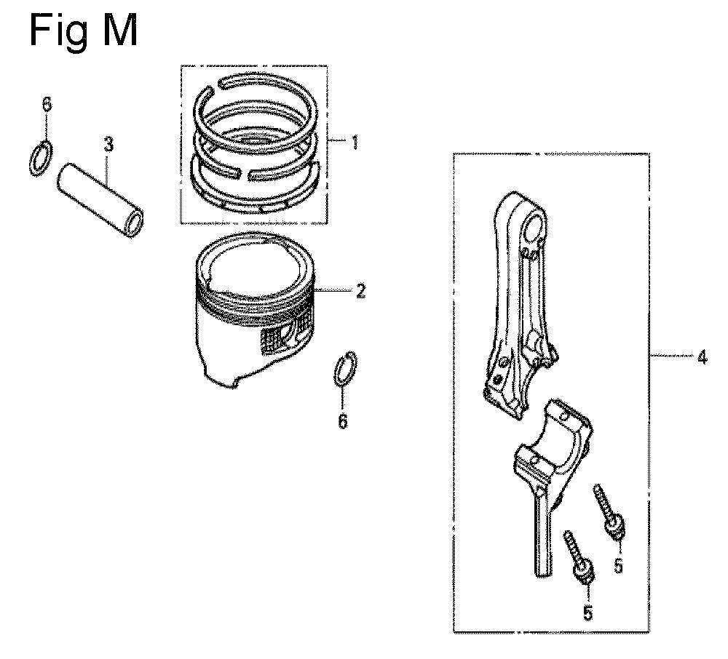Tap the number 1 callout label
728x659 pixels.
pyautogui.click(x=355, y=142)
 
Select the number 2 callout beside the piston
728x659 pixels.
pyautogui.click(x=361, y=291)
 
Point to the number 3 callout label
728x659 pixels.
pyautogui.click(x=108, y=145)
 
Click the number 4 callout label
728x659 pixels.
pyautogui.click(x=702, y=358)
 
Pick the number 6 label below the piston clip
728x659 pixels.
pyautogui.click(x=343, y=421)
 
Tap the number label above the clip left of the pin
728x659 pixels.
pyautogui.click(x=47, y=104)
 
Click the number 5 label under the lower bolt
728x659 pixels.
pyautogui.click(x=587, y=612)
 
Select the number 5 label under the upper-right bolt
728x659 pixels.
pyautogui.click(x=618, y=566)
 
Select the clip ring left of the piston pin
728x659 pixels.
pyautogui.click(x=41, y=159)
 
